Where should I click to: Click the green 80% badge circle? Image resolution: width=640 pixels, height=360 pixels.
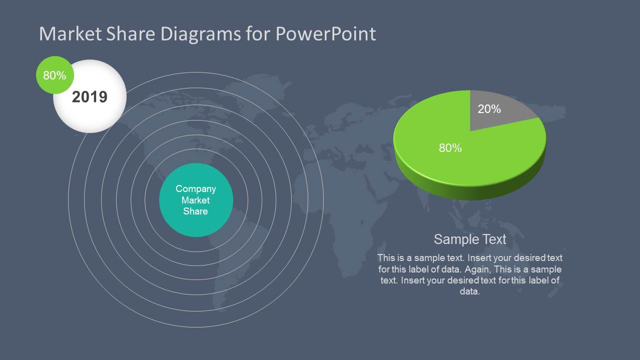pyautogui.click(x=55, y=75)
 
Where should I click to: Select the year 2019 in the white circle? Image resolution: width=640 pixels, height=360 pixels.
pyautogui.click(x=90, y=96)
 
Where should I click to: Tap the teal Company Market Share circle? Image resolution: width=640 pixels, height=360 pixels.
pyautogui.click(x=196, y=200)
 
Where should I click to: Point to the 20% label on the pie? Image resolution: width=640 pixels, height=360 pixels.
pyautogui.click(x=489, y=108)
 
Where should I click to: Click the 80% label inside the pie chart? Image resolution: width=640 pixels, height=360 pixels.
pyautogui.click(x=450, y=148)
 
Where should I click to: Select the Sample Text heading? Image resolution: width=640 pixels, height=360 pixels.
pyautogui.click(x=470, y=239)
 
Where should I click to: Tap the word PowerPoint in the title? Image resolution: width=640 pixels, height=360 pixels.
pyautogui.click(x=325, y=34)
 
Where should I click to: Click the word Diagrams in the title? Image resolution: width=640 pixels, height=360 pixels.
pyautogui.click(x=201, y=34)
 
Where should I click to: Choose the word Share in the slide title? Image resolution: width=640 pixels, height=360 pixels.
pyautogui.click(x=132, y=34)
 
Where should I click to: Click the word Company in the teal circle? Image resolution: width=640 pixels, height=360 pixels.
pyautogui.click(x=196, y=188)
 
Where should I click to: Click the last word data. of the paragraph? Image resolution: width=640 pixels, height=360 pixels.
pyautogui.click(x=469, y=291)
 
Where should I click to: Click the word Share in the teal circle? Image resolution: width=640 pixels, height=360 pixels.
pyautogui.click(x=196, y=211)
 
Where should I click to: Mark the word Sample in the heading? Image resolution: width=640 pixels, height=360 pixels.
pyautogui.click(x=452, y=239)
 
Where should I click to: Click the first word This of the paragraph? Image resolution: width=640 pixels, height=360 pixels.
pyautogui.click(x=386, y=258)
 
